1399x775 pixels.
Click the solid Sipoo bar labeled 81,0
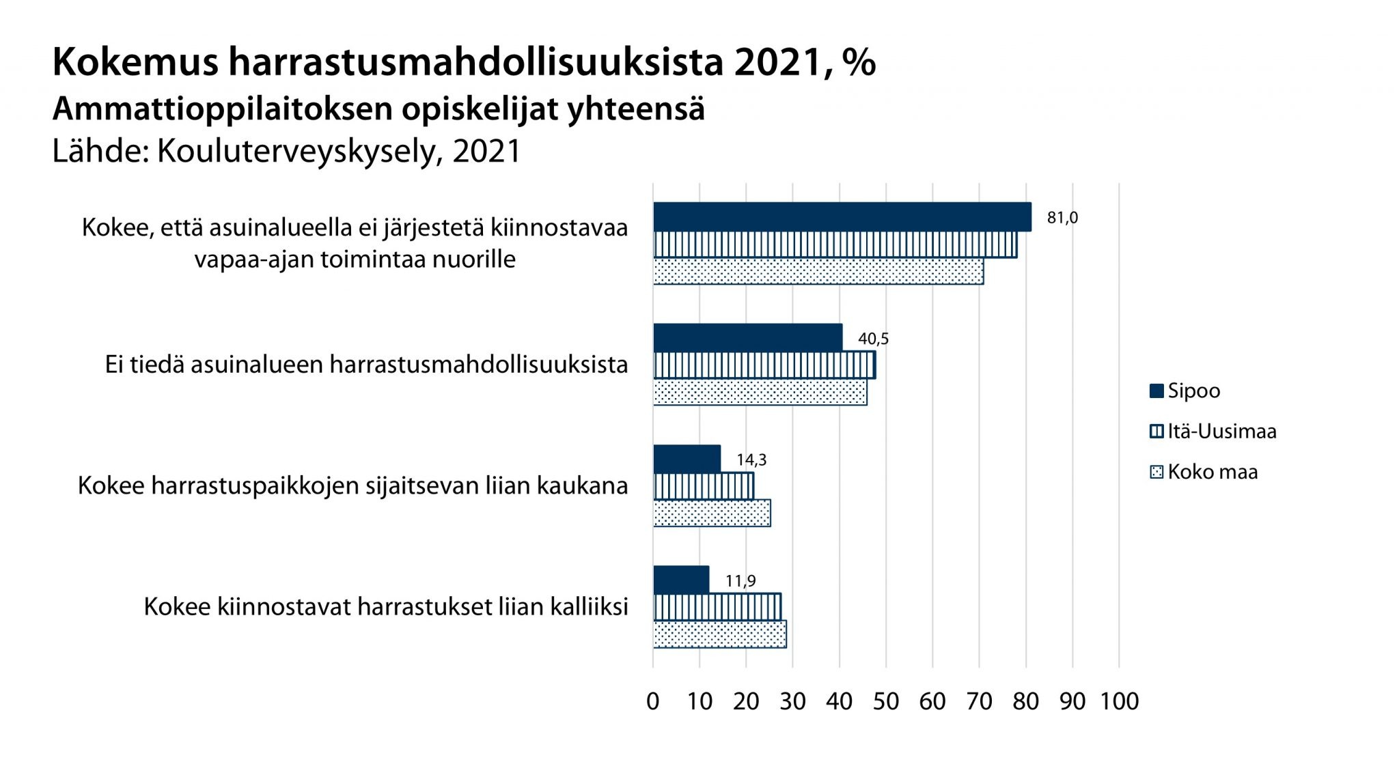tap(842, 217)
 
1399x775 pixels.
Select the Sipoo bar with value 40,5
tap(747, 338)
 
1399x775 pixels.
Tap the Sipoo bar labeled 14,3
tap(687, 459)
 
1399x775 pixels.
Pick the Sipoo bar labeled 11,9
tap(681, 580)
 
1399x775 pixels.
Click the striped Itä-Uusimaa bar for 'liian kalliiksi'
tap(717, 607)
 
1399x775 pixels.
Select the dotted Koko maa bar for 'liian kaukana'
tap(712, 513)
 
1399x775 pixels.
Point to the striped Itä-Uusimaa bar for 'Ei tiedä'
tap(764, 365)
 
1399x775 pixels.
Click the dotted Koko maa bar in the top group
tap(818, 271)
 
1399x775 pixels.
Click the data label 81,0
tap(1062, 218)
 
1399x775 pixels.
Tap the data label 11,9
tap(740, 581)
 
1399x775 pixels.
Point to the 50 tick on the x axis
tap(886, 701)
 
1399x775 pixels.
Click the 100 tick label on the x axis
tap(1119, 701)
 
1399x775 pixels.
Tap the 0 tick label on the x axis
tap(653, 701)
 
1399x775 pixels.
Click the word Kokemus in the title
tap(135, 62)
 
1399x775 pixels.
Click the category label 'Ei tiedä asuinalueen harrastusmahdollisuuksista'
tap(366, 365)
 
